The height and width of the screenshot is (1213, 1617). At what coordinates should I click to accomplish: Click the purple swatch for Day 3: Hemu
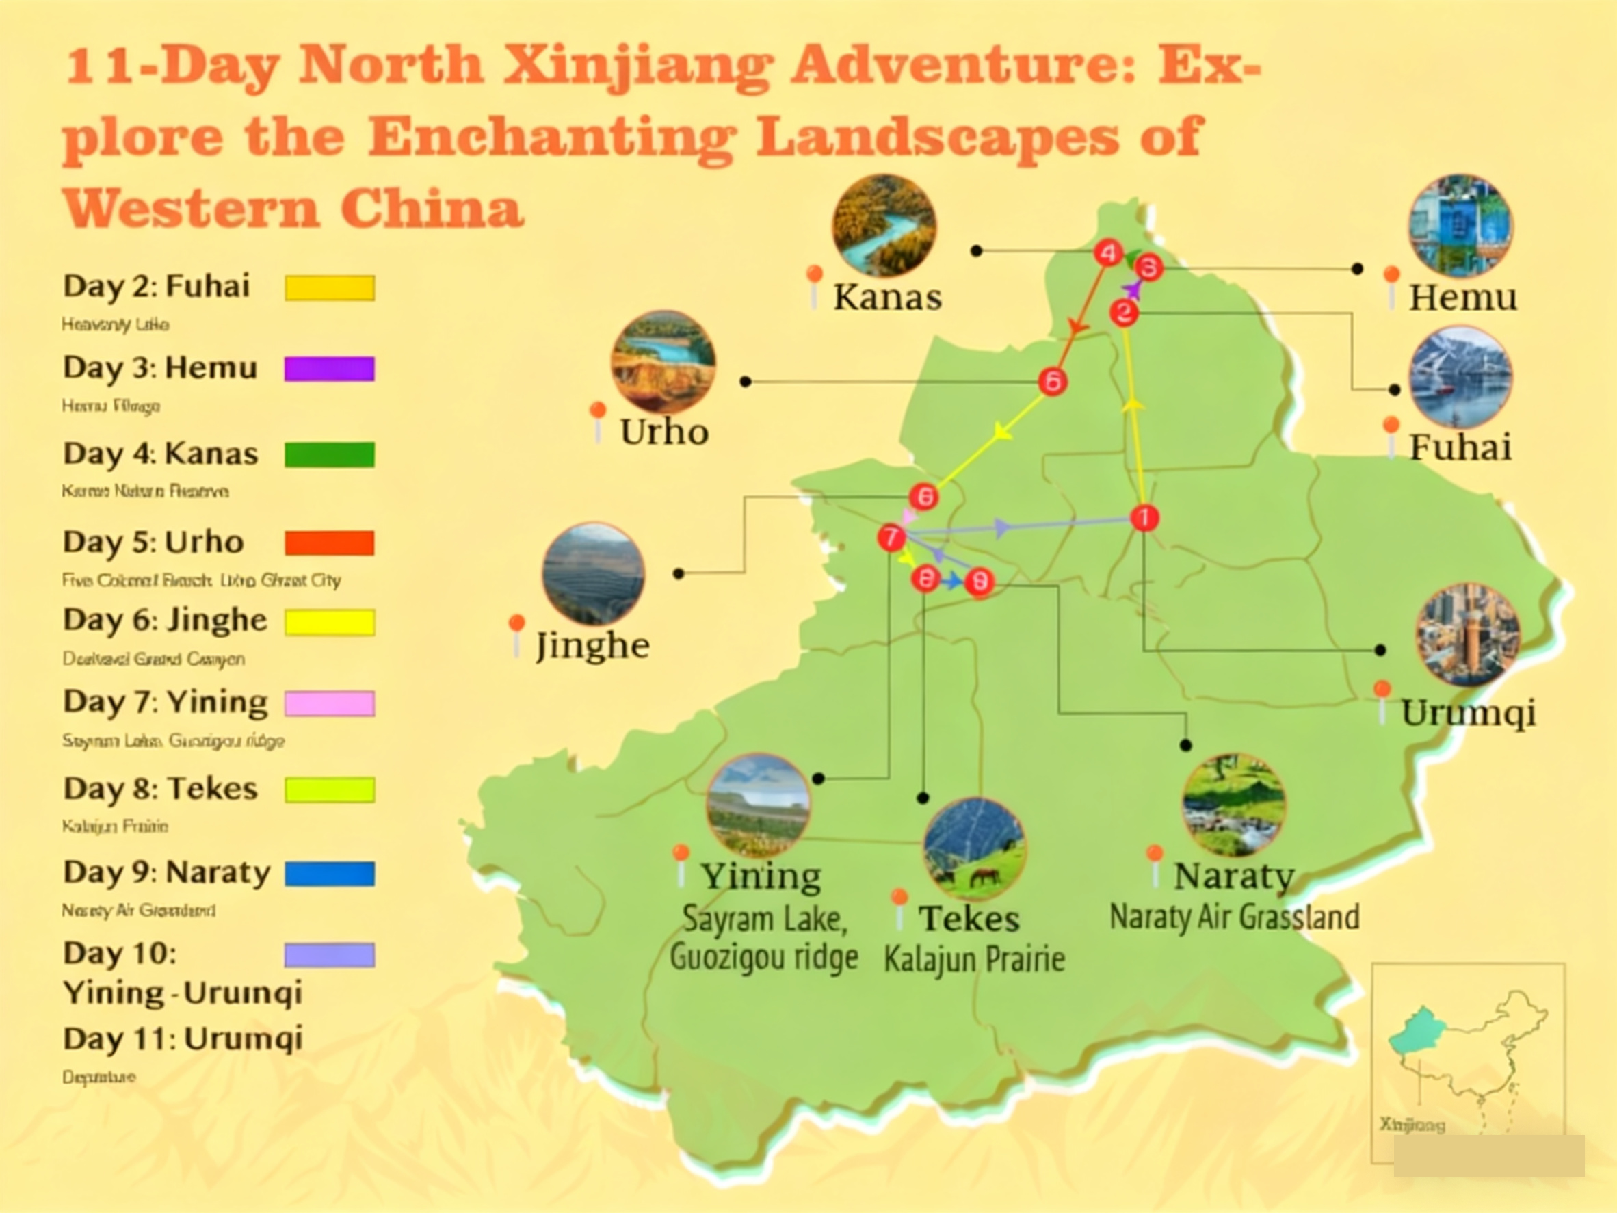(x=329, y=369)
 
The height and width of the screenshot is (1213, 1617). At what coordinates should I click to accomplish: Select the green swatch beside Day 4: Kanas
(x=329, y=454)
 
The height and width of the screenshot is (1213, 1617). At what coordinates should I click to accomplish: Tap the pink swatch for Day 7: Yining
(x=329, y=703)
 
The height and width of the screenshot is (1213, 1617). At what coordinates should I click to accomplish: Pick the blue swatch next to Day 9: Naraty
(x=329, y=874)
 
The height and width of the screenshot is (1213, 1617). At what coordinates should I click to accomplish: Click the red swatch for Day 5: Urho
(x=329, y=543)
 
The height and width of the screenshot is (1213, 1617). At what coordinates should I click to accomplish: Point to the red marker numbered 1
(x=1144, y=518)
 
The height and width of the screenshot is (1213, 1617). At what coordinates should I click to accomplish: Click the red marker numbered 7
(x=891, y=538)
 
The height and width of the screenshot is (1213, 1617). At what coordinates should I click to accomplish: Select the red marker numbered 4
(x=1108, y=253)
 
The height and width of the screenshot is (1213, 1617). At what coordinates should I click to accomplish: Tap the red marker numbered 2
(x=1124, y=313)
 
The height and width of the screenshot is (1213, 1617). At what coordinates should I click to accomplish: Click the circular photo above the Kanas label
(x=883, y=225)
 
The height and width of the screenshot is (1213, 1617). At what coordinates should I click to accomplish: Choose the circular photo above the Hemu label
(x=1460, y=225)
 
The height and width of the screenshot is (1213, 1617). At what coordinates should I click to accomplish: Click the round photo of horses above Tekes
(x=974, y=849)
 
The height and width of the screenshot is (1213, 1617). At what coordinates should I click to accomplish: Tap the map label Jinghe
(x=592, y=646)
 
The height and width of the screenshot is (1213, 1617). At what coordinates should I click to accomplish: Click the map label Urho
(x=663, y=432)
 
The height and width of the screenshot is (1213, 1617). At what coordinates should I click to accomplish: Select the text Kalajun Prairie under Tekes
(x=974, y=959)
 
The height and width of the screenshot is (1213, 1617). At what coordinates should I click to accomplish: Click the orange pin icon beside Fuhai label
(x=1391, y=426)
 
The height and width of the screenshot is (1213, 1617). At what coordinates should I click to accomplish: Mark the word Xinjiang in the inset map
(x=1412, y=1125)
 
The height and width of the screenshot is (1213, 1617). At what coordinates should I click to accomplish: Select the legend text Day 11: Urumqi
(x=183, y=1039)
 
